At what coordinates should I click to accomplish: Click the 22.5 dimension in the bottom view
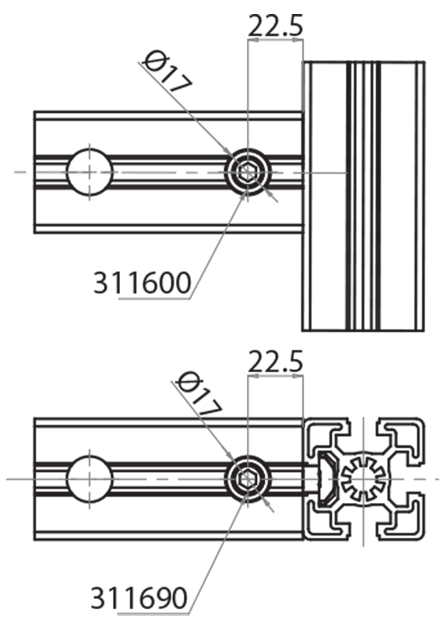[274, 361]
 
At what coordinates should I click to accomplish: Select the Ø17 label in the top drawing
[167, 72]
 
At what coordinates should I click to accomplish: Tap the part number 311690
[139, 598]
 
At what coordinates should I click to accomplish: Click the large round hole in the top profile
[90, 171]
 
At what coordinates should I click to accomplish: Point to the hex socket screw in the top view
[248, 172]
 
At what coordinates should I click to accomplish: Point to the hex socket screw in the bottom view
[248, 479]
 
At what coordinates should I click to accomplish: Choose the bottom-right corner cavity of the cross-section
[402, 519]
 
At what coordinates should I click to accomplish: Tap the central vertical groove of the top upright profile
[363, 195]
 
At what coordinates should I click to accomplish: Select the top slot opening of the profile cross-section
[363, 428]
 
